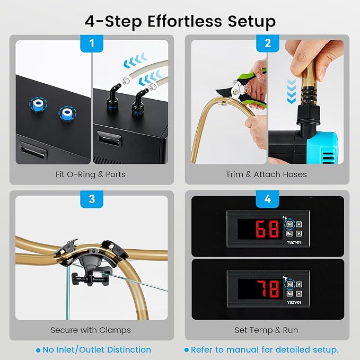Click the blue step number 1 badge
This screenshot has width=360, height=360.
92,43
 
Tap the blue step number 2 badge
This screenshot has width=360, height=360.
267,43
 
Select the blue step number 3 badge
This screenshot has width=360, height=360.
92,199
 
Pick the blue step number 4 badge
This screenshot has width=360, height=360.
267,199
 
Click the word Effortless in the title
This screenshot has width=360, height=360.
185,21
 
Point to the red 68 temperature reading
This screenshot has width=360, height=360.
267,229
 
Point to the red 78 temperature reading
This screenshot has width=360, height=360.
268,289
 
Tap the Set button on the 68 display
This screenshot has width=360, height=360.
289,224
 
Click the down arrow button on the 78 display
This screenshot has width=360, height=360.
299,294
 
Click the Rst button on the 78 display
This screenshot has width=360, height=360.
289,294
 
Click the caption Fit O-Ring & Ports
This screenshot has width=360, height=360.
91,174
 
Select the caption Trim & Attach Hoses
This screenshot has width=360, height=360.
266,174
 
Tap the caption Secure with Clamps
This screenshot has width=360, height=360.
91,330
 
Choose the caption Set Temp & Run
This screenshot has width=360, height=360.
266,330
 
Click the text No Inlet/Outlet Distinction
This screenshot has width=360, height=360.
97,350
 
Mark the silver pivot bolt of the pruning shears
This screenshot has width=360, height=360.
235,93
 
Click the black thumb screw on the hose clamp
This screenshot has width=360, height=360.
90,279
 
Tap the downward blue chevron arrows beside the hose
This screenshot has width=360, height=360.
292,91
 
